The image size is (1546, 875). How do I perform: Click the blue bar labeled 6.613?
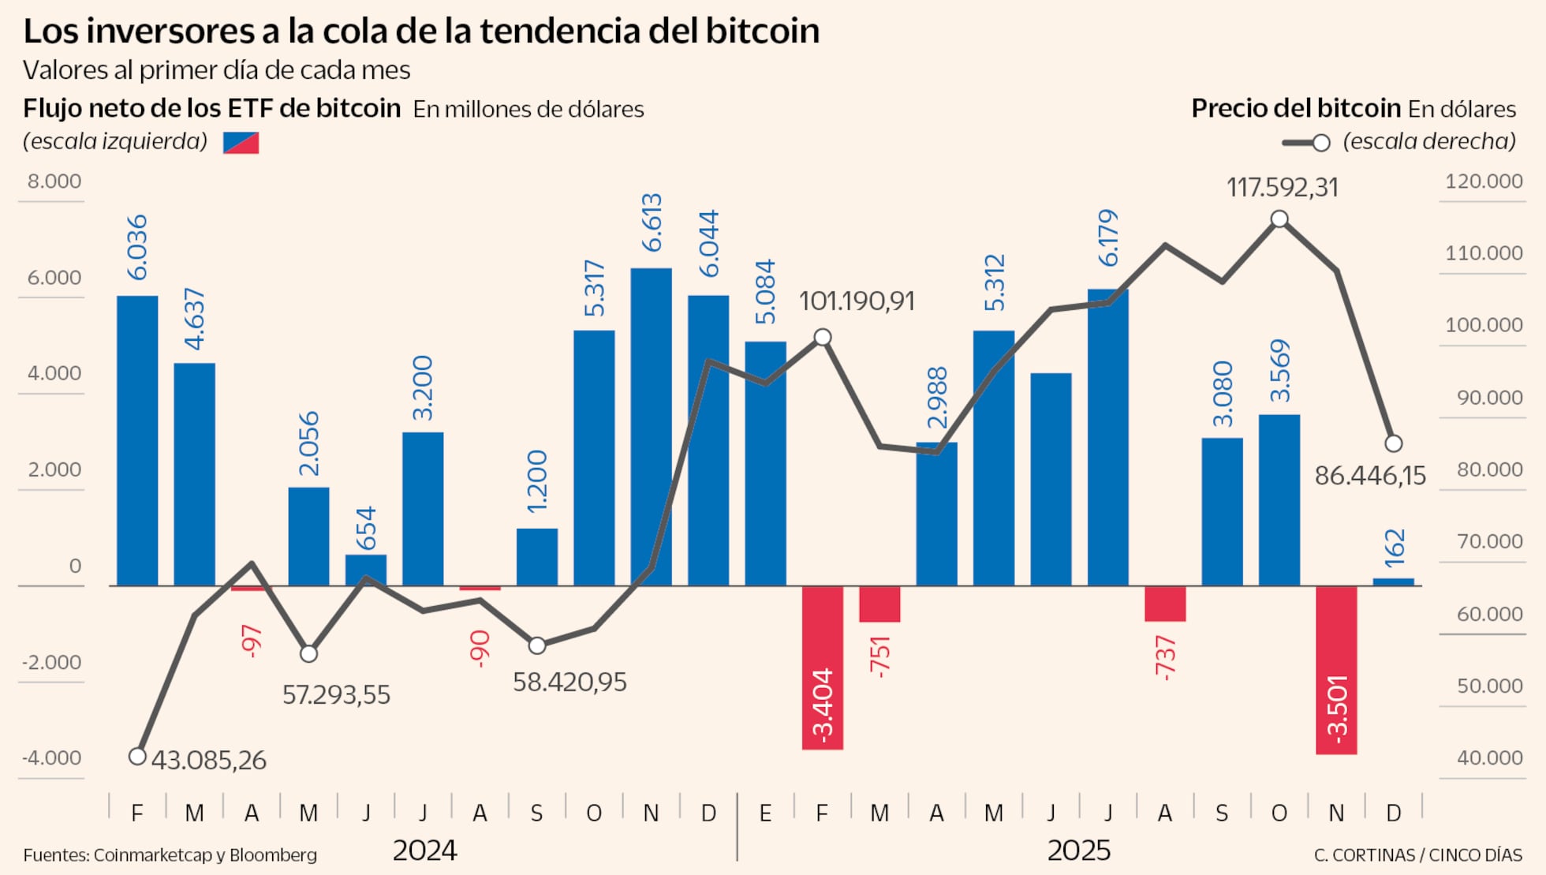click(x=651, y=426)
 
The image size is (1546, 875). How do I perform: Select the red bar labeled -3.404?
click(x=822, y=667)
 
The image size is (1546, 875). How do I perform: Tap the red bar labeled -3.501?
click(x=1336, y=669)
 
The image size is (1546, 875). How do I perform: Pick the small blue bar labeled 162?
click(x=1393, y=581)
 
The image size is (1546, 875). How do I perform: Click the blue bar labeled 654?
click(x=366, y=570)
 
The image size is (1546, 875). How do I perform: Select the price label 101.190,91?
click(x=857, y=301)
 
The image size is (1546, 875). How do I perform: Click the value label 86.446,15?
click(x=1370, y=476)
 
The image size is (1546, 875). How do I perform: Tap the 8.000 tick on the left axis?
click(x=54, y=181)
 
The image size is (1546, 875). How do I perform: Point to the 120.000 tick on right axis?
click(x=1483, y=181)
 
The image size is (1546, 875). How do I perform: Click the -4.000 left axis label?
click(x=52, y=758)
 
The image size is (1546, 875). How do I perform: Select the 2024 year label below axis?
click(x=424, y=851)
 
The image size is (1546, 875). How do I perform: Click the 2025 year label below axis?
click(x=1078, y=851)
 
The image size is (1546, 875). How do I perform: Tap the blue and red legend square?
click(x=241, y=143)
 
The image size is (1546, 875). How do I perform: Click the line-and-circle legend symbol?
click(x=1306, y=143)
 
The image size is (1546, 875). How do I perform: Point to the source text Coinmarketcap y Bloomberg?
click(x=205, y=855)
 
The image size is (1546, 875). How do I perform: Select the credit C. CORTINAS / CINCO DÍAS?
click(x=1417, y=855)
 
